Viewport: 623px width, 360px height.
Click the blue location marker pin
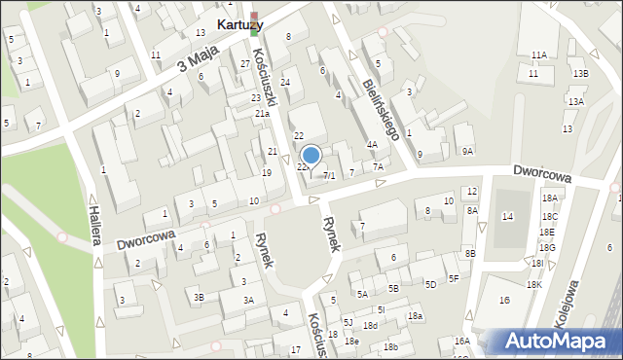[311, 156]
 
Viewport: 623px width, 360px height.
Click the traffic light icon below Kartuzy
[255, 25]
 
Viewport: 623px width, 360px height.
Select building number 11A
[538, 55]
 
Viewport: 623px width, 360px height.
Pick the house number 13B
[580, 74]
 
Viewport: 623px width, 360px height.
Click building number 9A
[467, 151]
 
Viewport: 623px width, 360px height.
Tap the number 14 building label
[506, 216]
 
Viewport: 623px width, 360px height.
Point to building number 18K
[533, 284]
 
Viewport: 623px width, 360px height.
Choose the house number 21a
[262, 114]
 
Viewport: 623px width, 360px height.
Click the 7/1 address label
[329, 176]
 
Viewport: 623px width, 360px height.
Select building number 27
[244, 63]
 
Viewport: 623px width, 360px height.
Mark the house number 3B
[199, 297]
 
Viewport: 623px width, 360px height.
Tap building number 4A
[372, 145]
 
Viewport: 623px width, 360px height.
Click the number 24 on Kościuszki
[285, 83]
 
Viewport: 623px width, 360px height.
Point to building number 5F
[454, 278]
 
